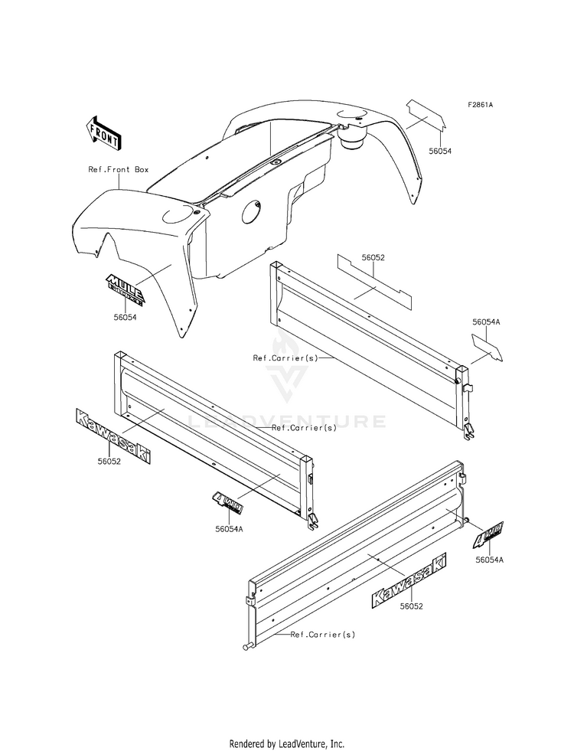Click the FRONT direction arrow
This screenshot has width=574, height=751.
(x=104, y=132)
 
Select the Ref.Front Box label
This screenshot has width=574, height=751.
(x=118, y=169)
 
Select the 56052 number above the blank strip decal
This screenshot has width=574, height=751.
(x=373, y=259)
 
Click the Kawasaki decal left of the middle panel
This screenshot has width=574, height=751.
(x=113, y=436)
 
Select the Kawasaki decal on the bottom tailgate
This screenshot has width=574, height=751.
(x=409, y=581)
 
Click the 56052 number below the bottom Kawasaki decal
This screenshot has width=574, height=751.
(x=410, y=606)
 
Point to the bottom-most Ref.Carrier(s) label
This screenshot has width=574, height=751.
(x=322, y=635)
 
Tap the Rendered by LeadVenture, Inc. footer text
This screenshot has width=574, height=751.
(x=286, y=743)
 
